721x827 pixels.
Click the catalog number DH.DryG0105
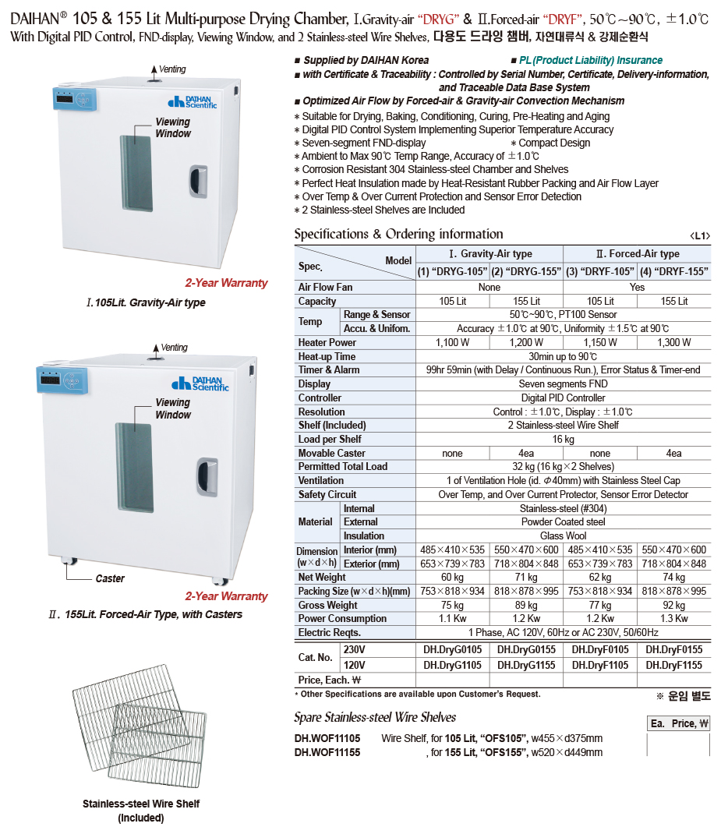click(x=453, y=649)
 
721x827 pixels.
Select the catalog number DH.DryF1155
click(x=673, y=665)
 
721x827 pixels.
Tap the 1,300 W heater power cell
click(x=673, y=342)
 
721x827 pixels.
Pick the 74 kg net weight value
click(x=673, y=578)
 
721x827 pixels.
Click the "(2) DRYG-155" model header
click(x=526, y=271)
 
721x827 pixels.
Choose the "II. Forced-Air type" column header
click(x=637, y=253)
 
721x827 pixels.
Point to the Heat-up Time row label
click(x=327, y=356)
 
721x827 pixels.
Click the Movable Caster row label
click(x=331, y=453)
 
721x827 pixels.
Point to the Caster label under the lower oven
click(x=110, y=578)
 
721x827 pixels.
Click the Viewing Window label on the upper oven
click(x=172, y=128)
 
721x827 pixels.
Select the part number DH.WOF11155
click(x=327, y=752)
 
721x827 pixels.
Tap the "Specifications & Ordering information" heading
click(x=398, y=234)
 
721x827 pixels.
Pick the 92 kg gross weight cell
click(x=673, y=605)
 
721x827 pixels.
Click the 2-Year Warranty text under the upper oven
click(x=226, y=283)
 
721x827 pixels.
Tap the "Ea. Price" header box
click(x=679, y=723)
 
